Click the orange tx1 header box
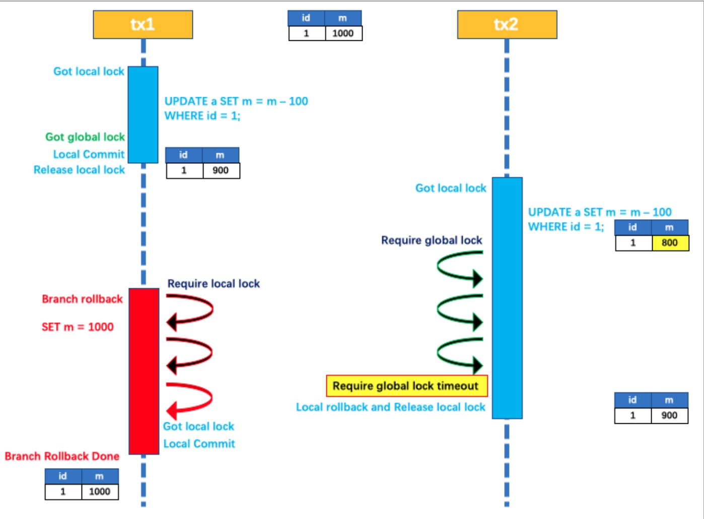(x=143, y=25)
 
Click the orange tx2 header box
(x=507, y=25)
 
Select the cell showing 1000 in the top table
(x=343, y=33)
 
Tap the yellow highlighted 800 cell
(x=669, y=243)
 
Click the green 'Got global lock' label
(x=85, y=137)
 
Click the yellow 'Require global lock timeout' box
(x=406, y=386)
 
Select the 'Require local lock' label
(x=214, y=284)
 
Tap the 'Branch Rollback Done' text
(x=62, y=456)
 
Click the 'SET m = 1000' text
(x=78, y=327)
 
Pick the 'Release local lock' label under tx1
(x=79, y=170)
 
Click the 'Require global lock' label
(x=432, y=240)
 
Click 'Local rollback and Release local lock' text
(x=390, y=407)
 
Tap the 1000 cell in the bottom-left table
(x=100, y=491)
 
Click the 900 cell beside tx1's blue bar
(x=221, y=170)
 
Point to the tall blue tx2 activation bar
(x=507, y=297)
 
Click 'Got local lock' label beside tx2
(x=451, y=188)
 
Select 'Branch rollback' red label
(x=82, y=299)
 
